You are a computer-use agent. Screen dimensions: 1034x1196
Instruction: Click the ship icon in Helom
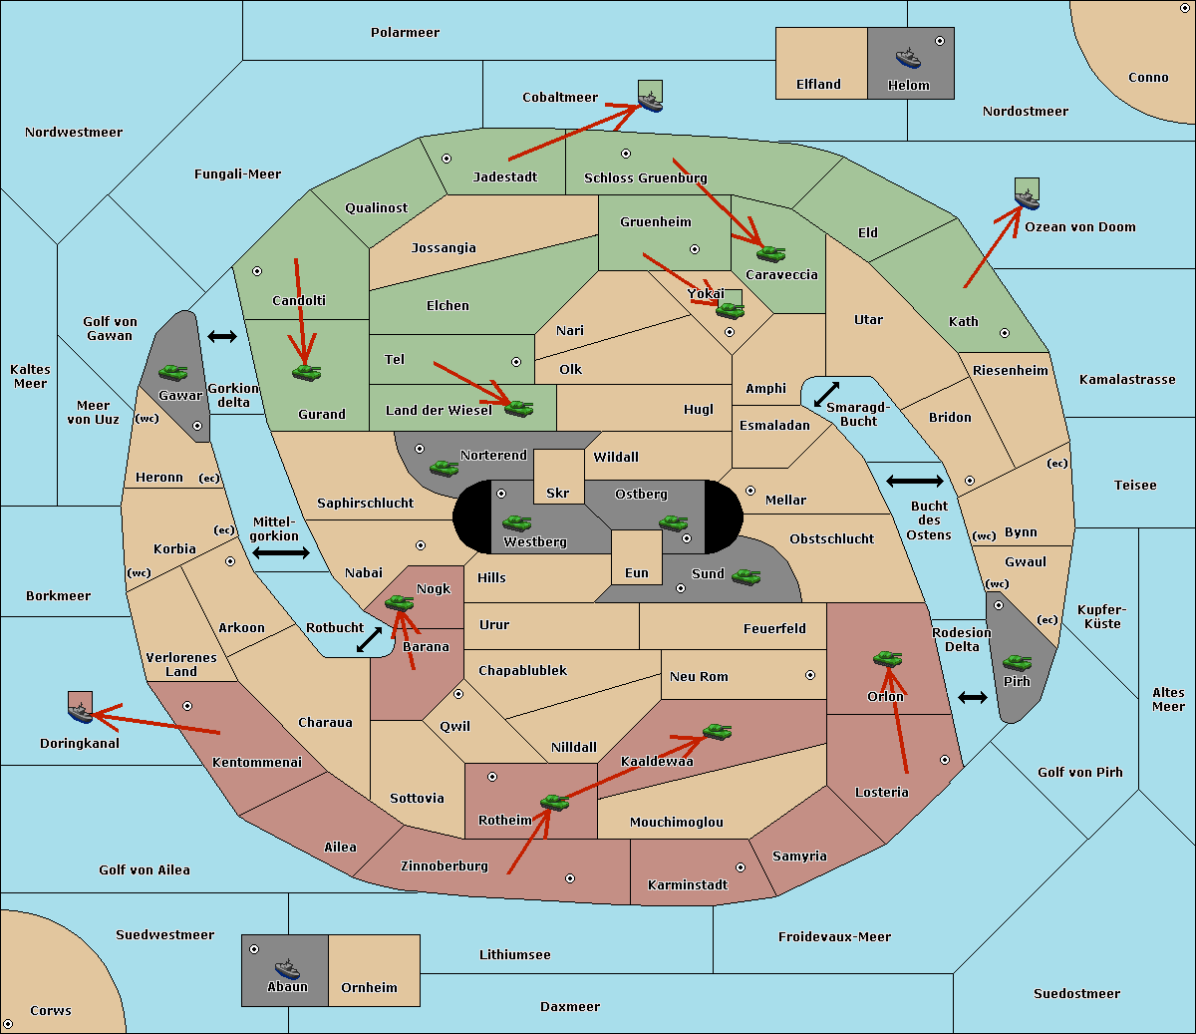coord(907,58)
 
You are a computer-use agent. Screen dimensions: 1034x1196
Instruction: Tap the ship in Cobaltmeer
coord(650,101)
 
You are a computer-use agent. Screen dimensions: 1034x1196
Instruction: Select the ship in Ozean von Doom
coord(1026,197)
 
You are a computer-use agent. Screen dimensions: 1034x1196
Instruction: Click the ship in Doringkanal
coord(80,711)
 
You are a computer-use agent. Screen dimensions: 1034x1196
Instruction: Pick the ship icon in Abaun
coord(287,968)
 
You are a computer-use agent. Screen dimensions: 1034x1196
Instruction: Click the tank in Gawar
coord(173,372)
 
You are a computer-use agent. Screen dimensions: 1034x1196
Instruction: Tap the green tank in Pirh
coord(1017,662)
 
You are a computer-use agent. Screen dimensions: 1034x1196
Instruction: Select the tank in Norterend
coord(444,468)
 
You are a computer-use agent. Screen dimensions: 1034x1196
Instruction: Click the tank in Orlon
coord(887,658)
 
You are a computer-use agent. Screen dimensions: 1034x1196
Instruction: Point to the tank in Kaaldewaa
coord(717,732)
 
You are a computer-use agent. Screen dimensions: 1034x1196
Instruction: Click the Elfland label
coord(818,85)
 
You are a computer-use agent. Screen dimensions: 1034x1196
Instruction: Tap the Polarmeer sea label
coord(405,33)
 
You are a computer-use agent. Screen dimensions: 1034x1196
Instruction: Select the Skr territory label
coord(558,494)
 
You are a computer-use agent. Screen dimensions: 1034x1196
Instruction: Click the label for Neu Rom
coord(699,677)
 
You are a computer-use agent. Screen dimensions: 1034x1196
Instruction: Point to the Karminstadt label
coord(688,885)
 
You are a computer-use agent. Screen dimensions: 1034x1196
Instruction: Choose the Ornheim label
coord(369,988)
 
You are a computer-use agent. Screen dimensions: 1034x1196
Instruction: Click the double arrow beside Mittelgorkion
coord(281,553)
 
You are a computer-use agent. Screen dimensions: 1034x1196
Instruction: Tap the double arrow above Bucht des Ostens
coord(914,482)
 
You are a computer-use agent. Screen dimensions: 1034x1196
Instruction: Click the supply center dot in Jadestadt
coord(447,158)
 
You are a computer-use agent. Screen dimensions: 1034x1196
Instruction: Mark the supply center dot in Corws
coord(9,1024)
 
